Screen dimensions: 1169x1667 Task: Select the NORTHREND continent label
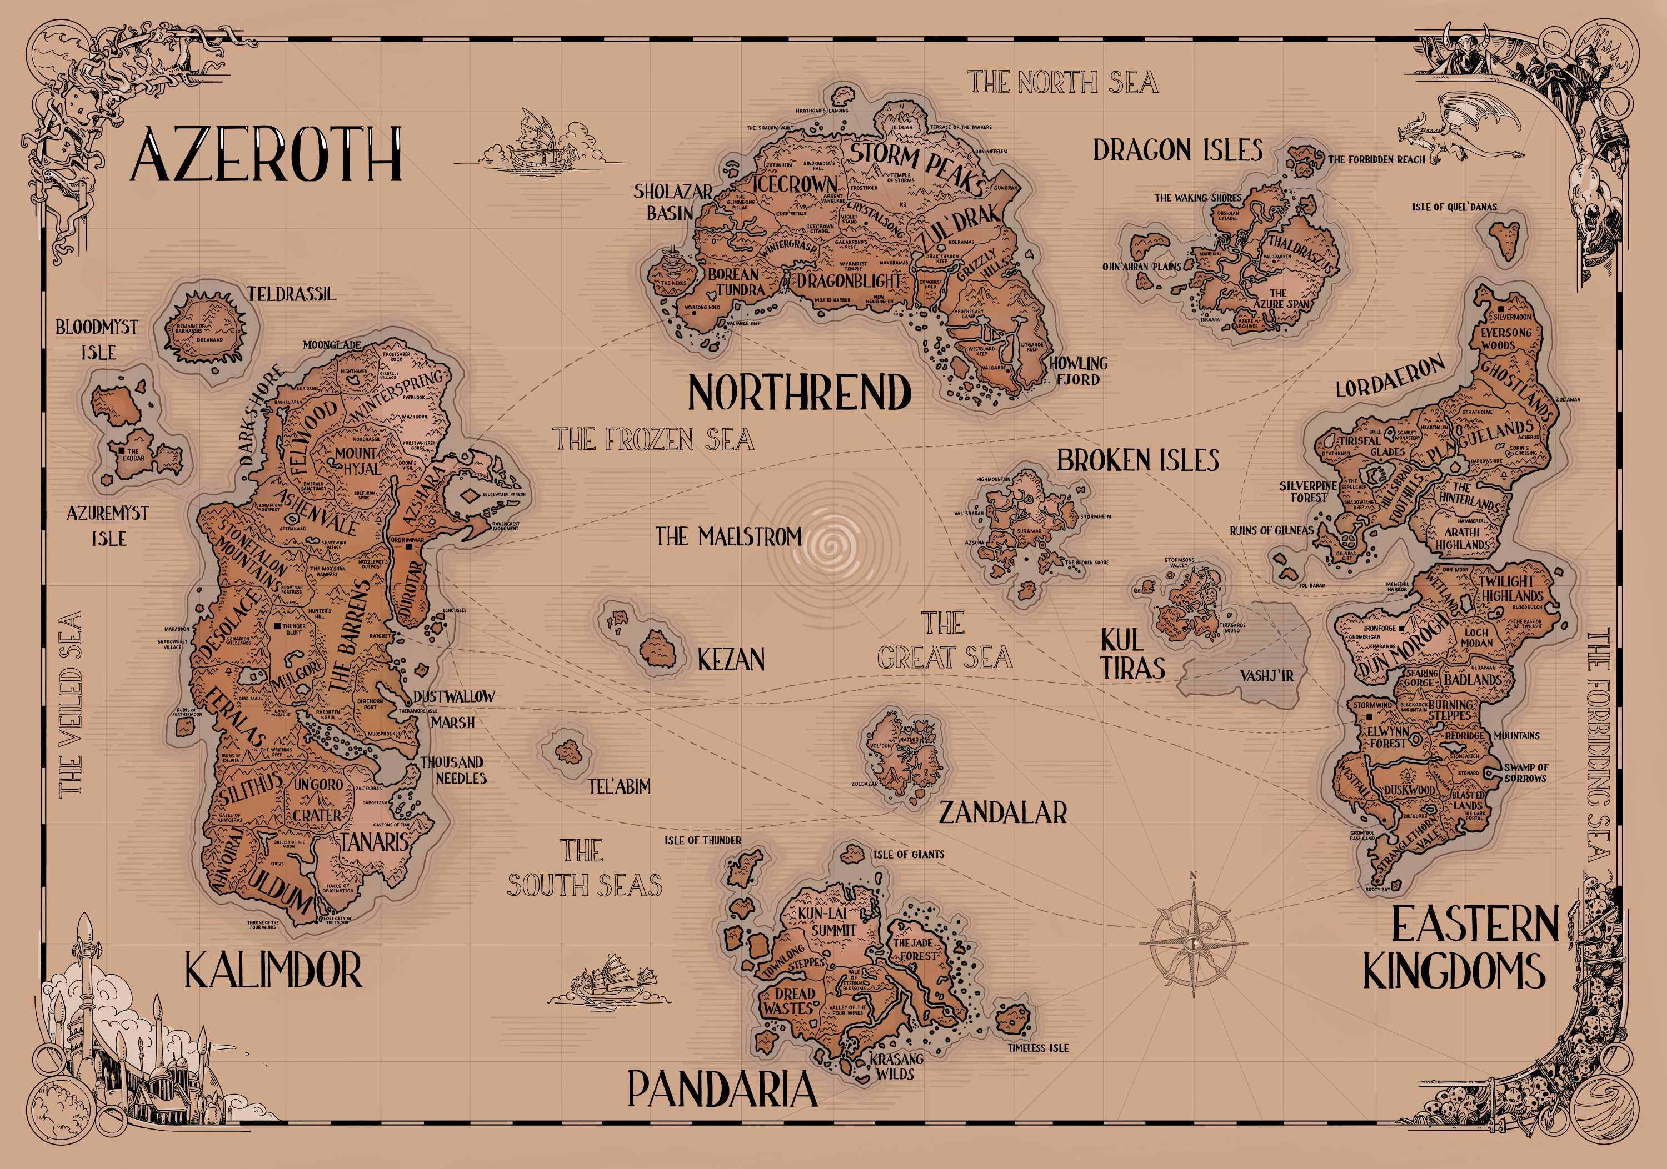[x=800, y=393]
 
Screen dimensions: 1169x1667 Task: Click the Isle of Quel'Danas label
[x=1454, y=207]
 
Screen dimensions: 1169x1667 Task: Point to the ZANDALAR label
[x=1002, y=812]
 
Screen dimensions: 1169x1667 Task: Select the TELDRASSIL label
[x=292, y=294]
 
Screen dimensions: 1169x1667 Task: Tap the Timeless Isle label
[x=1037, y=1048]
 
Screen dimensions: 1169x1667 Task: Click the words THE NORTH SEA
[x=1062, y=83]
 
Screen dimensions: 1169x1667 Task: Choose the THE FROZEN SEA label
[x=653, y=440]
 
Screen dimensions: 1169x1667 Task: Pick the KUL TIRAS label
[x=1132, y=655]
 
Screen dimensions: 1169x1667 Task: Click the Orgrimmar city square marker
[x=410, y=549]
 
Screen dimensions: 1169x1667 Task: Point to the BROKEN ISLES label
[x=1137, y=460]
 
